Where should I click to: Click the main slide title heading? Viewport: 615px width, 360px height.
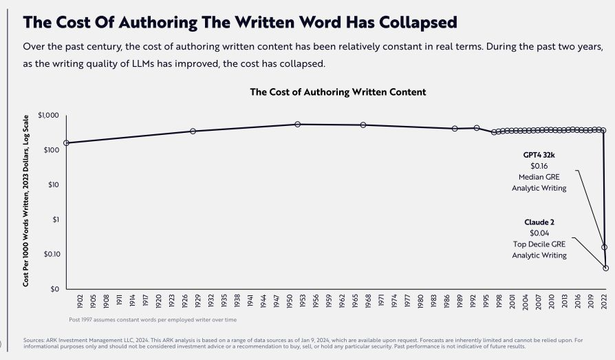coord(240,22)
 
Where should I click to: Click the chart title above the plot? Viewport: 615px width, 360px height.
coord(338,92)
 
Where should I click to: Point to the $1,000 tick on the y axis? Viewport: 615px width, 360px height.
coord(49,116)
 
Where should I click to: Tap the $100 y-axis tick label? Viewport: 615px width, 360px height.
coord(52,150)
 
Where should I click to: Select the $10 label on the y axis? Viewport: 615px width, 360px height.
coord(54,184)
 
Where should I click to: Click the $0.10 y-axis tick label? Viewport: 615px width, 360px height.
coord(51,254)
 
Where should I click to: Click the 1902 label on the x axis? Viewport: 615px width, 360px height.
coord(80,302)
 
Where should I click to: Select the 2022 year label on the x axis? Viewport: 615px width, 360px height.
coord(603,302)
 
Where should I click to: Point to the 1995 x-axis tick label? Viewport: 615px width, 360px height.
coord(486,302)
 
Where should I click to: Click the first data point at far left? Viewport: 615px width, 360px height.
coord(67,143)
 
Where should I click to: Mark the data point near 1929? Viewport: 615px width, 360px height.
coord(193,131)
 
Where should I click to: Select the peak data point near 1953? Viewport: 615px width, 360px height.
coord(297,125)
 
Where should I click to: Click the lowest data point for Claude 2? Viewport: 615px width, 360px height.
coord(606,268)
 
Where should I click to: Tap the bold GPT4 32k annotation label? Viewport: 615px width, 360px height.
coord(539,155)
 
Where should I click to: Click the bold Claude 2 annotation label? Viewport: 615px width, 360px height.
coord(539,222)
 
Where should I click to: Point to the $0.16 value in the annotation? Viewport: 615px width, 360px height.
coord(539,166)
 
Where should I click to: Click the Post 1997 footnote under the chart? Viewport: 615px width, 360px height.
coord(153,319)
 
